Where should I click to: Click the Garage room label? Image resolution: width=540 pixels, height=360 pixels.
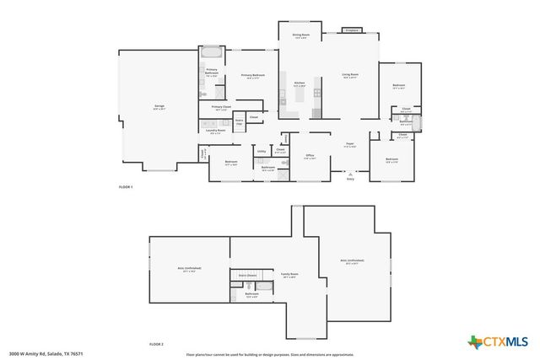pos(159,106)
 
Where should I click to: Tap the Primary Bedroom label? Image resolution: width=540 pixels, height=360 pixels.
pos(254,76)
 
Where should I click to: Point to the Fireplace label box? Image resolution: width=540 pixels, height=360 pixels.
pos(352,30)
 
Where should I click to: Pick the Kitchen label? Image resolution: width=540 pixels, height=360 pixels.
pos(299,83)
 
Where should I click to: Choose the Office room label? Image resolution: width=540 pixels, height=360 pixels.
pos(310,157)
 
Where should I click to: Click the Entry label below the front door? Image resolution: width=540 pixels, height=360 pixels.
pos(350,179)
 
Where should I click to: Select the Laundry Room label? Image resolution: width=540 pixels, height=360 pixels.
pos(215,131)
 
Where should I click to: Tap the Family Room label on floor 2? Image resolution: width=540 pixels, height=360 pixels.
pos(289,275)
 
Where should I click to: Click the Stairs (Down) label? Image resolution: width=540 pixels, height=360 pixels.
pos(246,275)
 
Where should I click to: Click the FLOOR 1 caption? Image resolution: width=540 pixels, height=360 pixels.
pos(127,185)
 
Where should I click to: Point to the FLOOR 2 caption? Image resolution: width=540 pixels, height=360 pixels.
pos(156,345)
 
